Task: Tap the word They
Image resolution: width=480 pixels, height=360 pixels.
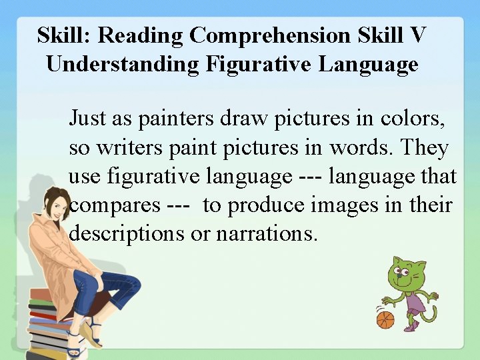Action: [425, 147]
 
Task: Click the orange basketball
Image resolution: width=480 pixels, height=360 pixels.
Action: [385, 320]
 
